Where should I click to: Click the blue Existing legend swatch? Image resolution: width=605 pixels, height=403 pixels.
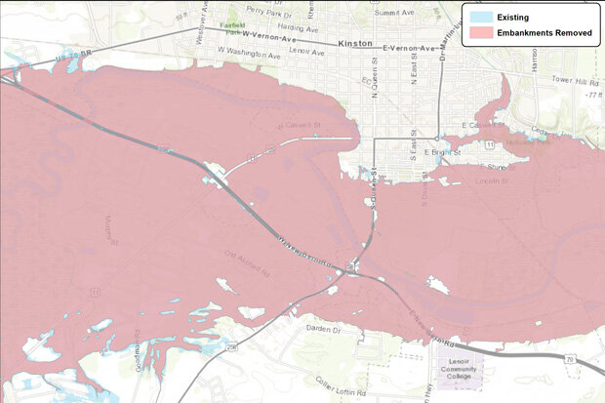click(x=479, y=17)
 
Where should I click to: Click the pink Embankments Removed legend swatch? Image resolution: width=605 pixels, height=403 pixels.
click(x=479, y=33)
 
